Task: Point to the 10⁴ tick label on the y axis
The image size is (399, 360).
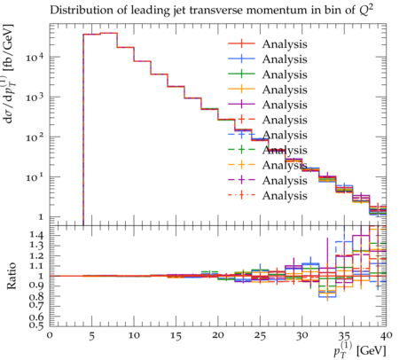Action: pos(35,57)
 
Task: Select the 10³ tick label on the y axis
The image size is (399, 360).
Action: pos(35,97)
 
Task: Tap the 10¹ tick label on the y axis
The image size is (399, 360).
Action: pos(35,177)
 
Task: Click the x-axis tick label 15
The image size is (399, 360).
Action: pos(176,336)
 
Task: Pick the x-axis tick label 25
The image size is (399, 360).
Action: pos(261,336)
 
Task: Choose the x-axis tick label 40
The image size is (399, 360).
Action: pos(387,335)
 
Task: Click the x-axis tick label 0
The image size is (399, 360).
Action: pos(50,335)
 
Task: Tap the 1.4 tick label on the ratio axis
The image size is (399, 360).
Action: pos(37,236)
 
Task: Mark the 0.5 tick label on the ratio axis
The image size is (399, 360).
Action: pos(37,325)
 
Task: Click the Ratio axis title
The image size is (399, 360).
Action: pos(11,276)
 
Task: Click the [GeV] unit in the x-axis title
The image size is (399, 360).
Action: pos(372,351)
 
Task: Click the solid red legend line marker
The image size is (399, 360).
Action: pos(241,43)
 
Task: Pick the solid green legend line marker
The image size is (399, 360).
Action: pos(241,74)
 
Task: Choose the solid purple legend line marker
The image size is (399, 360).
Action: pos(241,105)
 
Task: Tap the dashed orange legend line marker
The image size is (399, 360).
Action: pos(241,165)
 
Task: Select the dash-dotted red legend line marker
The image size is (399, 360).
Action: pos(241,195)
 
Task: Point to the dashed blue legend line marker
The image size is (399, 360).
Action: pos(241,135)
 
